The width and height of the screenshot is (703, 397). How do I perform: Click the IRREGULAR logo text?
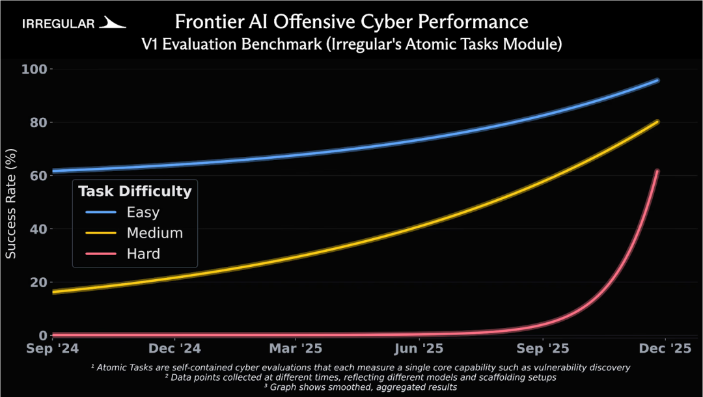tap(59, 23)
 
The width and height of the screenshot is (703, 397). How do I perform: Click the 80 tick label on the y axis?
tap(38, 123)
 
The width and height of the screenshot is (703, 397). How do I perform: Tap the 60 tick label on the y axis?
tap(38, 176)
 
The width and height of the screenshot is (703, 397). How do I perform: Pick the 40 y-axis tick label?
tap(38, 229)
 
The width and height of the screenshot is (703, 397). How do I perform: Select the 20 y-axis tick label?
tap(38, 282)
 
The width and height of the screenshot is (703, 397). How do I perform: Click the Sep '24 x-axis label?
tap(53, 348)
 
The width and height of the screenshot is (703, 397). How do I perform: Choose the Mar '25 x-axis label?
tap(296, 348)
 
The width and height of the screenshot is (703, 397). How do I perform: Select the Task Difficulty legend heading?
tap(135, 191)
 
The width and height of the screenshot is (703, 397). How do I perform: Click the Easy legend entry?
tap(143, 212)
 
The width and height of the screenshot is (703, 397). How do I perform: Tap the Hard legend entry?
tap(143, 254)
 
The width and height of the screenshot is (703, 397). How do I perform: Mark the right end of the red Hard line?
tap(657, 171)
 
